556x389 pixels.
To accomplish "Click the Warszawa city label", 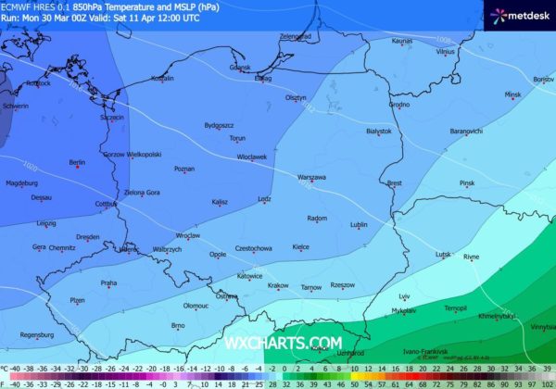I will coord(311,176).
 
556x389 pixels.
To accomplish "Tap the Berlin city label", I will coord(77,163).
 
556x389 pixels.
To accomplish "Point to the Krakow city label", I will coord(278,285).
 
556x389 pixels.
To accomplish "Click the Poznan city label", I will coord(184,169).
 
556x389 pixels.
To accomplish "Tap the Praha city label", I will coord(108,282).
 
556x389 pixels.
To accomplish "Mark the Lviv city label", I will coord(404,296).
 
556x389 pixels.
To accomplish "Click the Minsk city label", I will coord(512,94).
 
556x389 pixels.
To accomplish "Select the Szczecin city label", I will coord(111,118).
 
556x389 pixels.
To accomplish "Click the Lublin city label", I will coord(360,224).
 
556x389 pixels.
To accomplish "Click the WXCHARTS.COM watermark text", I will coord(283,343).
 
